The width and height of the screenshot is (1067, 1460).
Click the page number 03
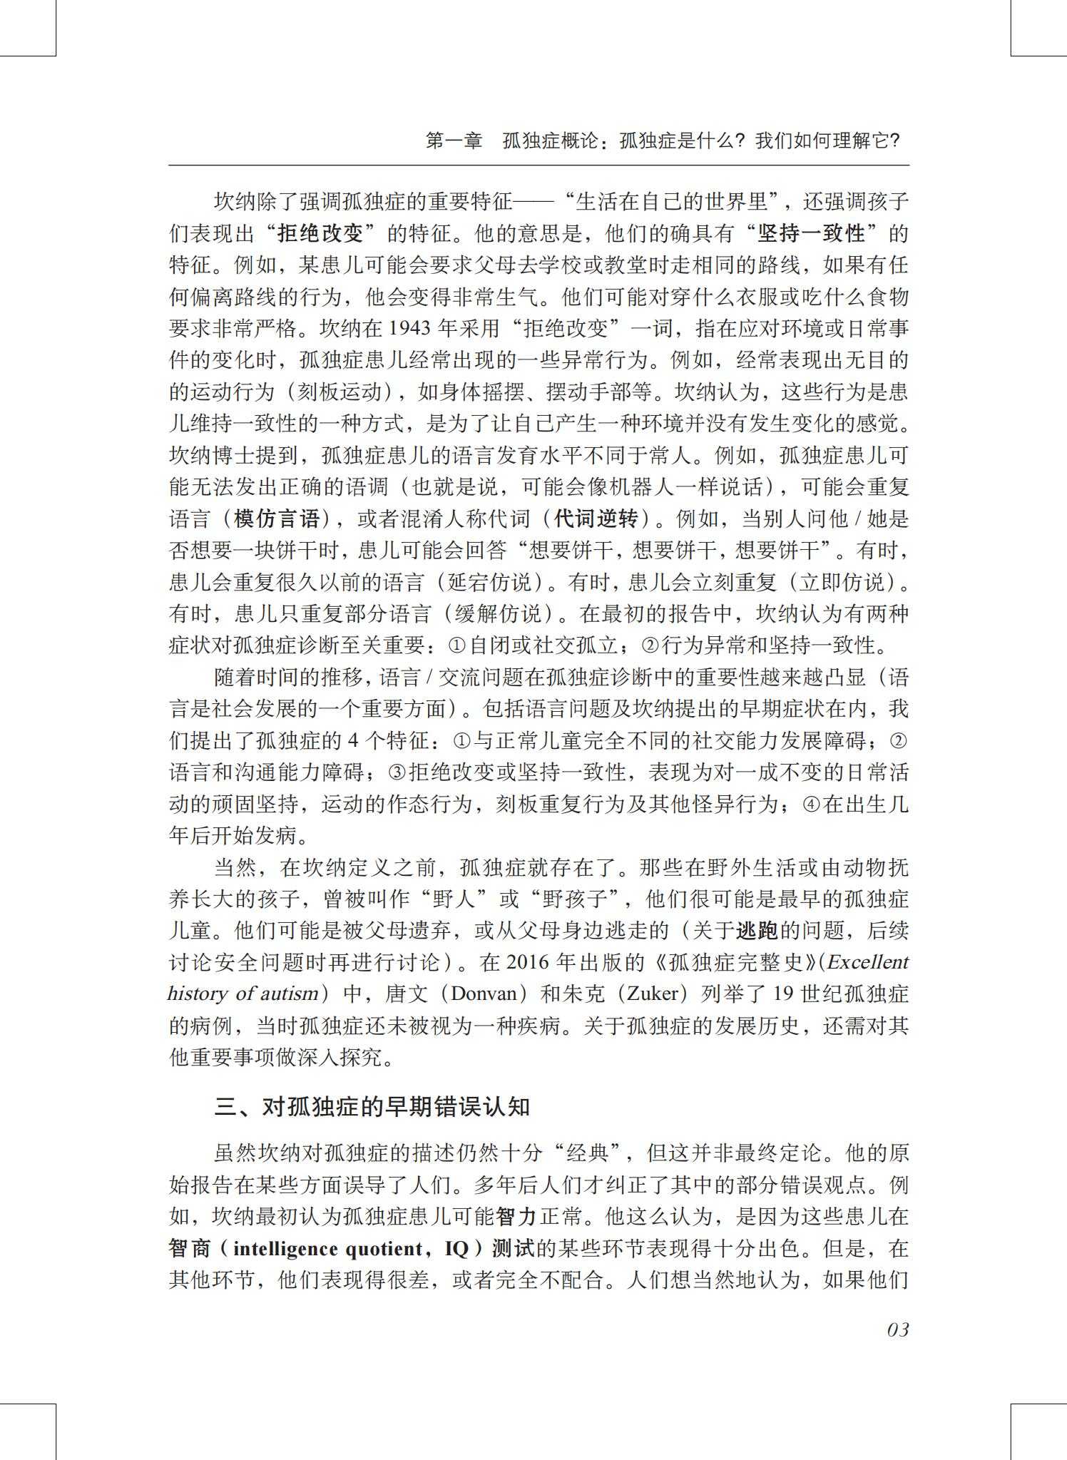pyautogui.click(x=897, y=1329)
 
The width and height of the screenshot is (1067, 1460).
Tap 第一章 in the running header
pyautogui.click(x=454, y=141)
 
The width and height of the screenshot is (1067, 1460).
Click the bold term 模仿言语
pyautogui.click(x=277, y=519)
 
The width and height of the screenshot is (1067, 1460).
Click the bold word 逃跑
pyautogui.click(x=757, y=930)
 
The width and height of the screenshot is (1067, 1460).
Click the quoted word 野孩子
pyautogui.click(x=577, y=899)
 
